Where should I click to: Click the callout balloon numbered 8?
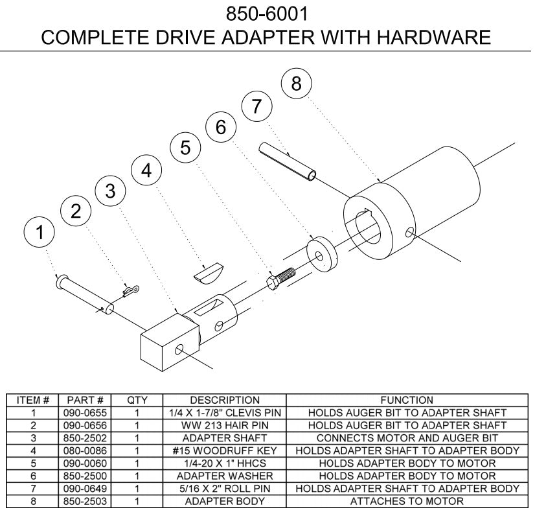point(296,84)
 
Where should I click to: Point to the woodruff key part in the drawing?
point(209,272)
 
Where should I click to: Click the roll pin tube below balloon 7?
point(288,162)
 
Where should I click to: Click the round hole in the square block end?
point(178,350)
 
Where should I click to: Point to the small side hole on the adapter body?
point(408,231)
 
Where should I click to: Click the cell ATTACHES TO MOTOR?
point(407,502)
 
